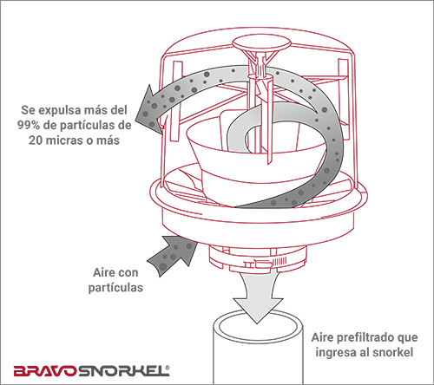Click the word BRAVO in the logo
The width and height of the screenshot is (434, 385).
[45, 371]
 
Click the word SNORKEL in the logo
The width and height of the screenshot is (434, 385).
[122, 371]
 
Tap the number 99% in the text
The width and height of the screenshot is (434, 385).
[29, 125]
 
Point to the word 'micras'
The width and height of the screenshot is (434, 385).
[62, 140]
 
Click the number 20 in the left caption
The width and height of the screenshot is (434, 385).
[36, 140]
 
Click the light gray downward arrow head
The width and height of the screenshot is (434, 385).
[258, 310]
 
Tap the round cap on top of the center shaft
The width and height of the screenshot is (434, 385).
[261, 43]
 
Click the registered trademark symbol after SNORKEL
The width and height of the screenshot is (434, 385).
[168, 368]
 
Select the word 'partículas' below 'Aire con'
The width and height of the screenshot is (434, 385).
[115, 288]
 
